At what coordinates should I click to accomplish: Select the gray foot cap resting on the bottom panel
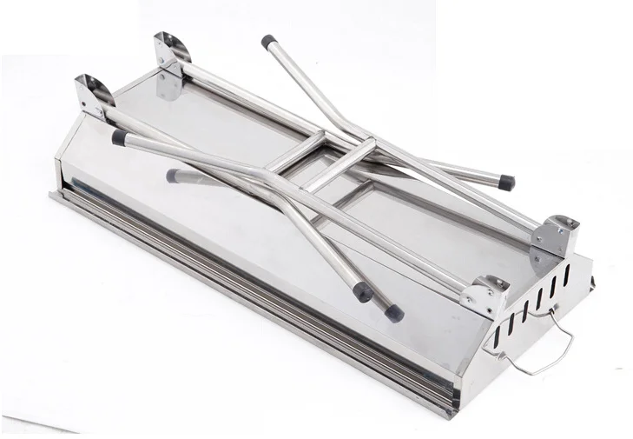(x=174, y=176)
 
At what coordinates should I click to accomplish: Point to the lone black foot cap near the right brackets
(x=504, y=183)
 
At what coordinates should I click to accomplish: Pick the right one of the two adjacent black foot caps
(x=394, y=312)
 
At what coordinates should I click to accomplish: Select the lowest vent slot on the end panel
(x=498, y=331)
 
